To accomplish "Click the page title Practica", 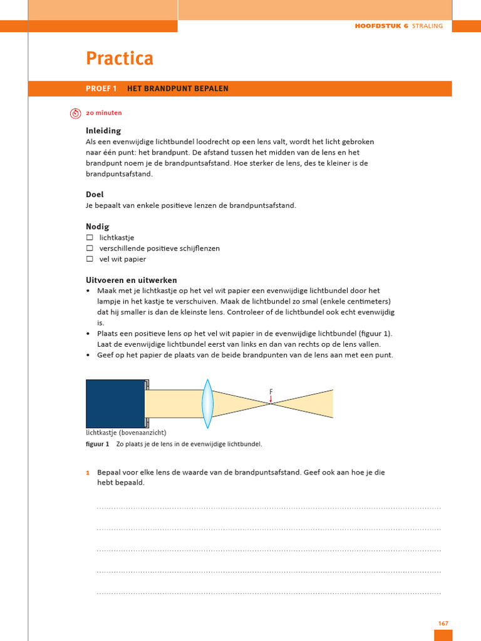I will tap(119, 59).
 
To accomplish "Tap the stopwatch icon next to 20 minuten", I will tap(75, 113).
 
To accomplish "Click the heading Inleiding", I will tap(103, 131).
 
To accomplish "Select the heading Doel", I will tap(95, 195).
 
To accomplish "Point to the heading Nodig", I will tap(98, 227).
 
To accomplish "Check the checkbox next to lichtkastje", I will tap(90, 238).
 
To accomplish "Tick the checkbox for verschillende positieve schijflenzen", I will tap(90, 249).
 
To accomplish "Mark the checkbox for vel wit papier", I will tap(90, 259).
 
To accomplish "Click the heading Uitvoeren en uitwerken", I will tap(131, 280).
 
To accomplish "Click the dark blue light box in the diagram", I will tap(115, 404).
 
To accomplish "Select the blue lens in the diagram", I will tap(207, 404).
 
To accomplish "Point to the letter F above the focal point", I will tap(271, 392).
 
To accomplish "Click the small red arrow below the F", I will tap(271, 399).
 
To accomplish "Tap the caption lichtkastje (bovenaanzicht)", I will tap(126, 433).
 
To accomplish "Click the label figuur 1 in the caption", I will tap(97, 444).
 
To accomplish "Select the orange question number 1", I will tap(88, 473).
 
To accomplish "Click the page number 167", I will tap(443, 623).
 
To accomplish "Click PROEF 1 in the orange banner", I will tap(101, 89).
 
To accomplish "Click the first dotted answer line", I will tap(269, 508).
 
